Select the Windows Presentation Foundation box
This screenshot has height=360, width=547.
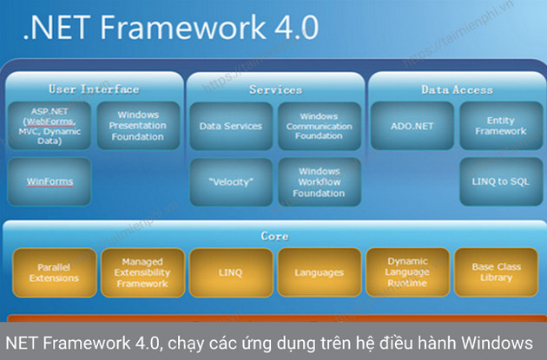[x=137, y=127]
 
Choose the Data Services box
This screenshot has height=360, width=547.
[x=230, y=127]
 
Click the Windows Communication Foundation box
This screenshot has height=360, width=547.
[x=319, y=127]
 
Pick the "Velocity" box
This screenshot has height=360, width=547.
[x=230, y=182]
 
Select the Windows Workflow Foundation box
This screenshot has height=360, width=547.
[x=319, y=182]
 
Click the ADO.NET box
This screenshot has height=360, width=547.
[x=412, y=127]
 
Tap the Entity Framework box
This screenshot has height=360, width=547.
[x=500, y=127]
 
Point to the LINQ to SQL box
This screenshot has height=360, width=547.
[x=500, y=182]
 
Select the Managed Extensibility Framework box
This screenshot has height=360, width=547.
[x=142, y=272]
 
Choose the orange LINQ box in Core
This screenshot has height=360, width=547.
[x=230, y=272]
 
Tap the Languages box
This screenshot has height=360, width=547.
[x=319, y=272]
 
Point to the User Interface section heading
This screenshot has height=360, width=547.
[x=93, y=89]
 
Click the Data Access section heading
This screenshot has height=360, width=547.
[x=456, y=89]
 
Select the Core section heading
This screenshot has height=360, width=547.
[x=274, y=236]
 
